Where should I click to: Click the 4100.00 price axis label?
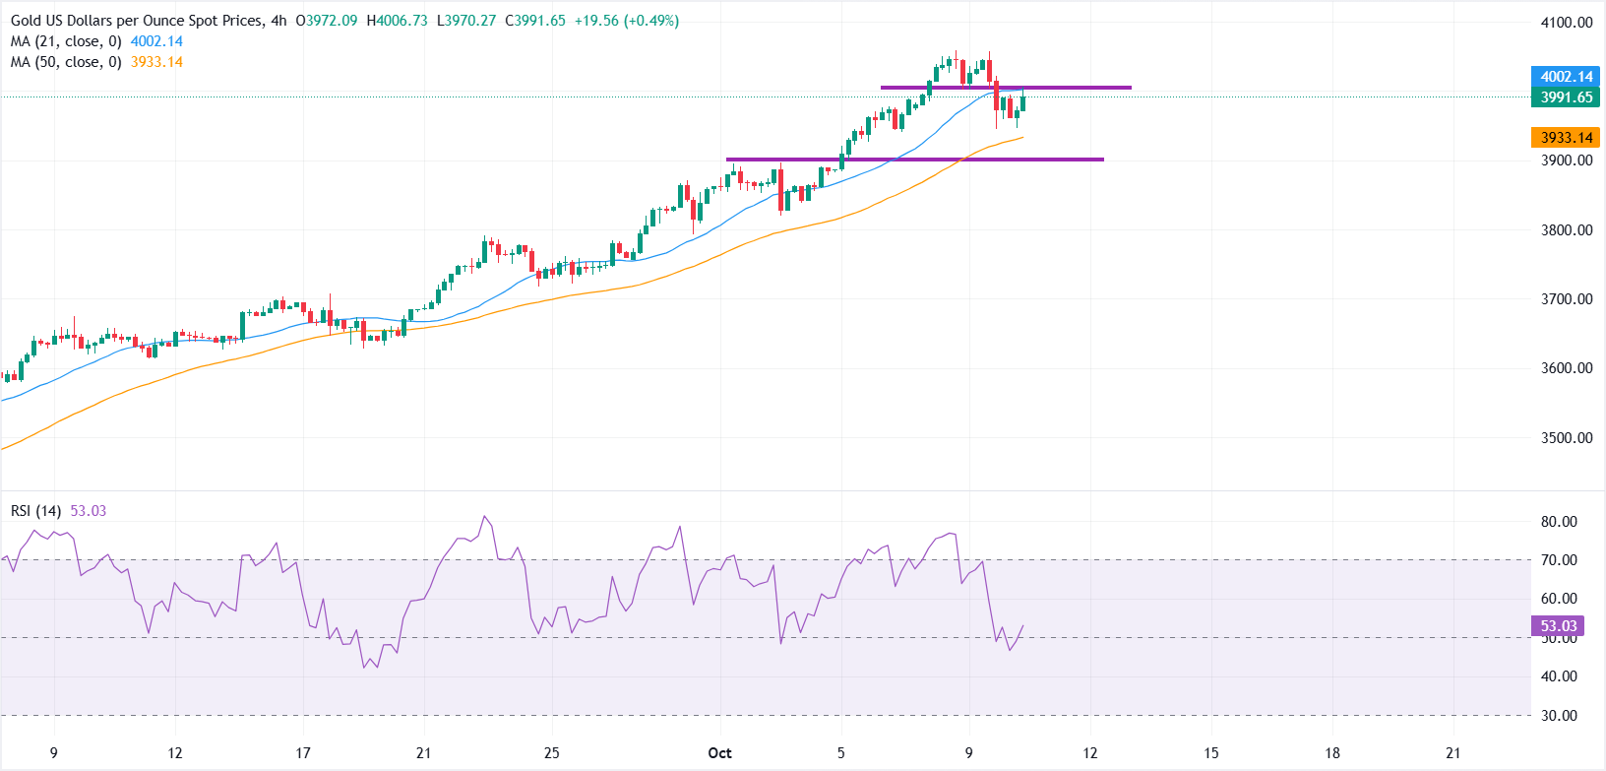(x=1567, y=23)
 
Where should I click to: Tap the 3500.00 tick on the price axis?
(x=1567, y=438)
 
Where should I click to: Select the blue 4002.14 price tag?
(x=1566, y=77)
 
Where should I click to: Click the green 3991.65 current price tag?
(x=1566, y=97)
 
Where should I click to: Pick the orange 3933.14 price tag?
(x=1566, y=138)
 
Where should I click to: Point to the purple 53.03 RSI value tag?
(x=1558, y=626)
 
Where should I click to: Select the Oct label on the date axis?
(x=719, y=753)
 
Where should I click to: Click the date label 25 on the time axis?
(x=552, y=753)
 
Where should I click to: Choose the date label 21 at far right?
(x=1452, y=753)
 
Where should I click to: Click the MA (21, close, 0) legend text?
(x=66, y=41)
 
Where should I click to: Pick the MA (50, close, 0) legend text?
(x=66, y=62)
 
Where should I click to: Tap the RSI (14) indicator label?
(x=35, y=511)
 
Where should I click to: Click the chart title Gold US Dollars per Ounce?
(x=137, y=21)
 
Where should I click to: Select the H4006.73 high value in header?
(x=397, y=21)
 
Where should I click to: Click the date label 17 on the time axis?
(x=303, y=753)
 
